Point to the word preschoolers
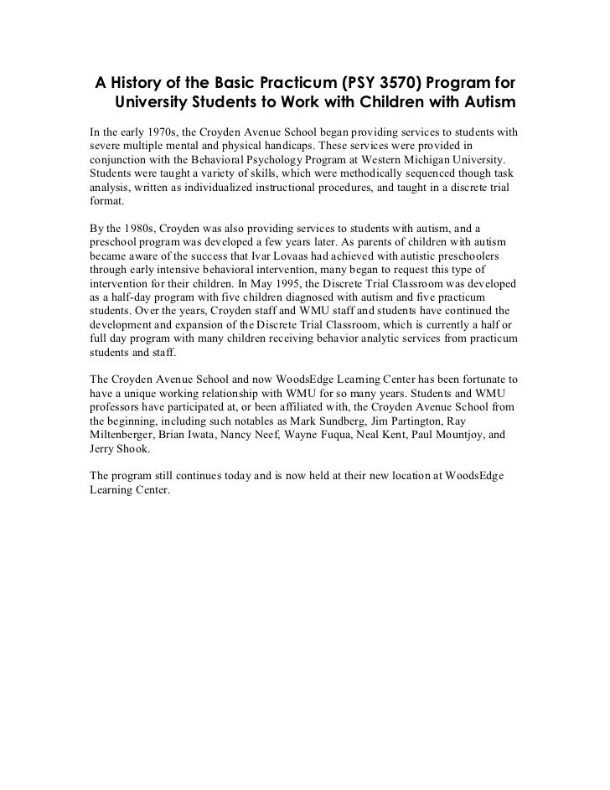(x=472, y=256)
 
